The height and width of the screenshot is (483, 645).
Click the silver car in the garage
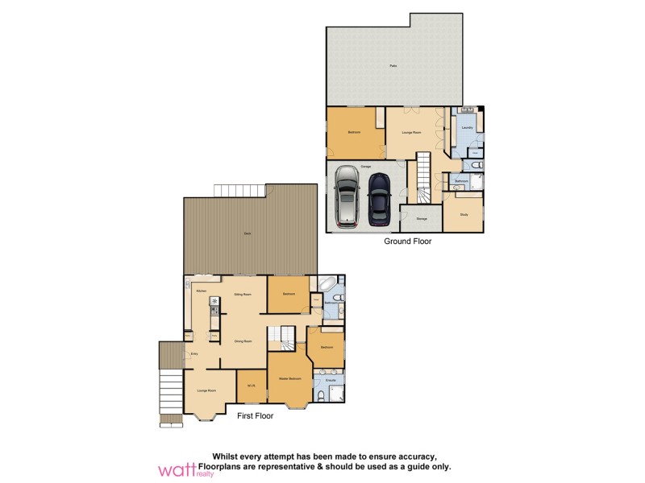point(347,196)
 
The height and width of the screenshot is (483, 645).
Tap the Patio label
point(393,65)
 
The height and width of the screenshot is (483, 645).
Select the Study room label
point(464,214)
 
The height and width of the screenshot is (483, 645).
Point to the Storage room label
point(421,218)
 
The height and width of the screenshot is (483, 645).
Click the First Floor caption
point(255,416)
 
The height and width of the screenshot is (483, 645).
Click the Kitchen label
point(201,291)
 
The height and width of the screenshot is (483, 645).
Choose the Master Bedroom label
point(289,378)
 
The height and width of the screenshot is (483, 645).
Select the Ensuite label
point(329,379)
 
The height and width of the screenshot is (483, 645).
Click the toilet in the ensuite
point(322,396)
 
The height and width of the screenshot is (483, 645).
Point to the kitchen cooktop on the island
point(214,303)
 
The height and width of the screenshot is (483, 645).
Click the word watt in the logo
point(177,469)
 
